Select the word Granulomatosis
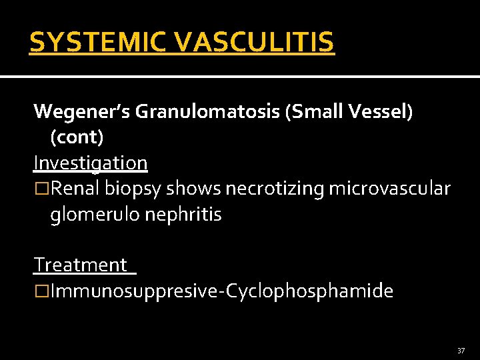pyautogui.click(x=207, y=111)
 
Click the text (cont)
pyautogui.click(x=77, y=137)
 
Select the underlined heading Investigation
pyautogui.click(x=91, y=163)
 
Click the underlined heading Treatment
pyautogui.click(x=81, y=265)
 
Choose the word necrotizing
pyautogui.click(x=273, y=189)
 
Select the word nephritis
pyautogui.click(x=182, y=215)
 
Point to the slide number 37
pyautogui.click(x=461, y=351)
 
